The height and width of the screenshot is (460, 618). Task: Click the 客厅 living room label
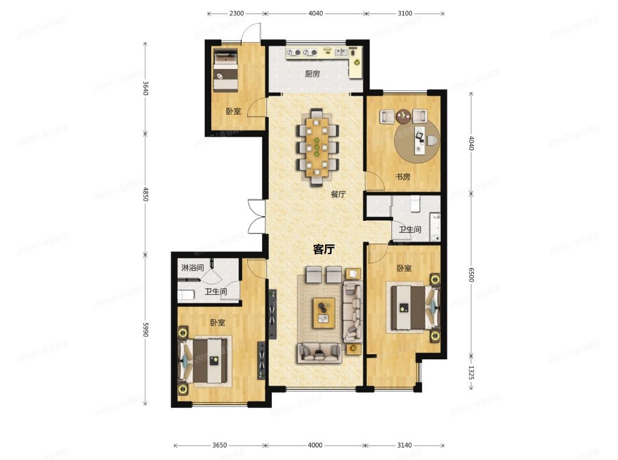(324, 249)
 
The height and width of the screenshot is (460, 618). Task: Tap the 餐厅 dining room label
(338, 194)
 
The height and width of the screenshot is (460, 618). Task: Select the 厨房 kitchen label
(312, 74)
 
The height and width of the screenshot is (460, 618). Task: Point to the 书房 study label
(403, 177)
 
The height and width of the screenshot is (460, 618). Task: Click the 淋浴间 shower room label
(192, 268)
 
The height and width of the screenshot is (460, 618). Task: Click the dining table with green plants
(316, 146)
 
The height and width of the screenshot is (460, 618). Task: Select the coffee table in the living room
(324, 313)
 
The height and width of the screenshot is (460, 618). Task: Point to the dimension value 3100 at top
(405, 13)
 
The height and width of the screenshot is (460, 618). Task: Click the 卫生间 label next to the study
(410, 230)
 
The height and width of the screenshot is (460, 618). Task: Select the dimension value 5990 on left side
(145, 329)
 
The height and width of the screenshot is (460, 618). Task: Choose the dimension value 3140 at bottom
(405, 445)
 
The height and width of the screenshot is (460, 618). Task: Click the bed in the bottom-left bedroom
(206, 360)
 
